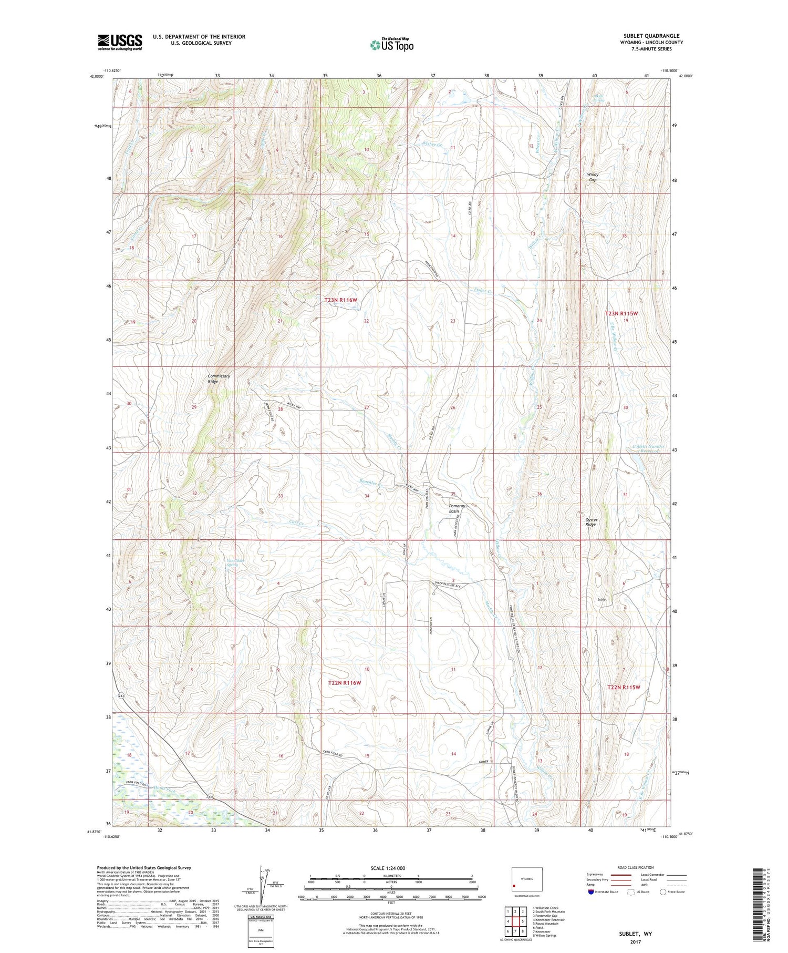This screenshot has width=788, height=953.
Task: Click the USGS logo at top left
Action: click(x=120, y=42)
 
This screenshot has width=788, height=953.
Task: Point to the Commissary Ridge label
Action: click(x=219, y=378)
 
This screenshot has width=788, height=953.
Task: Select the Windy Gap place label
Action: click(x=593, y=177)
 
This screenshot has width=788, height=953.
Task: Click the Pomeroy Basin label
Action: click(x=454, y=508)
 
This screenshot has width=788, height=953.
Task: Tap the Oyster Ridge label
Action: click(x=591, y=522)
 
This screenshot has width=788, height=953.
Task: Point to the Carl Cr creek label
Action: click(x=297, y=522)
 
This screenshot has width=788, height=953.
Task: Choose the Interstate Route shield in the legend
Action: click(x=591, y=892)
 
